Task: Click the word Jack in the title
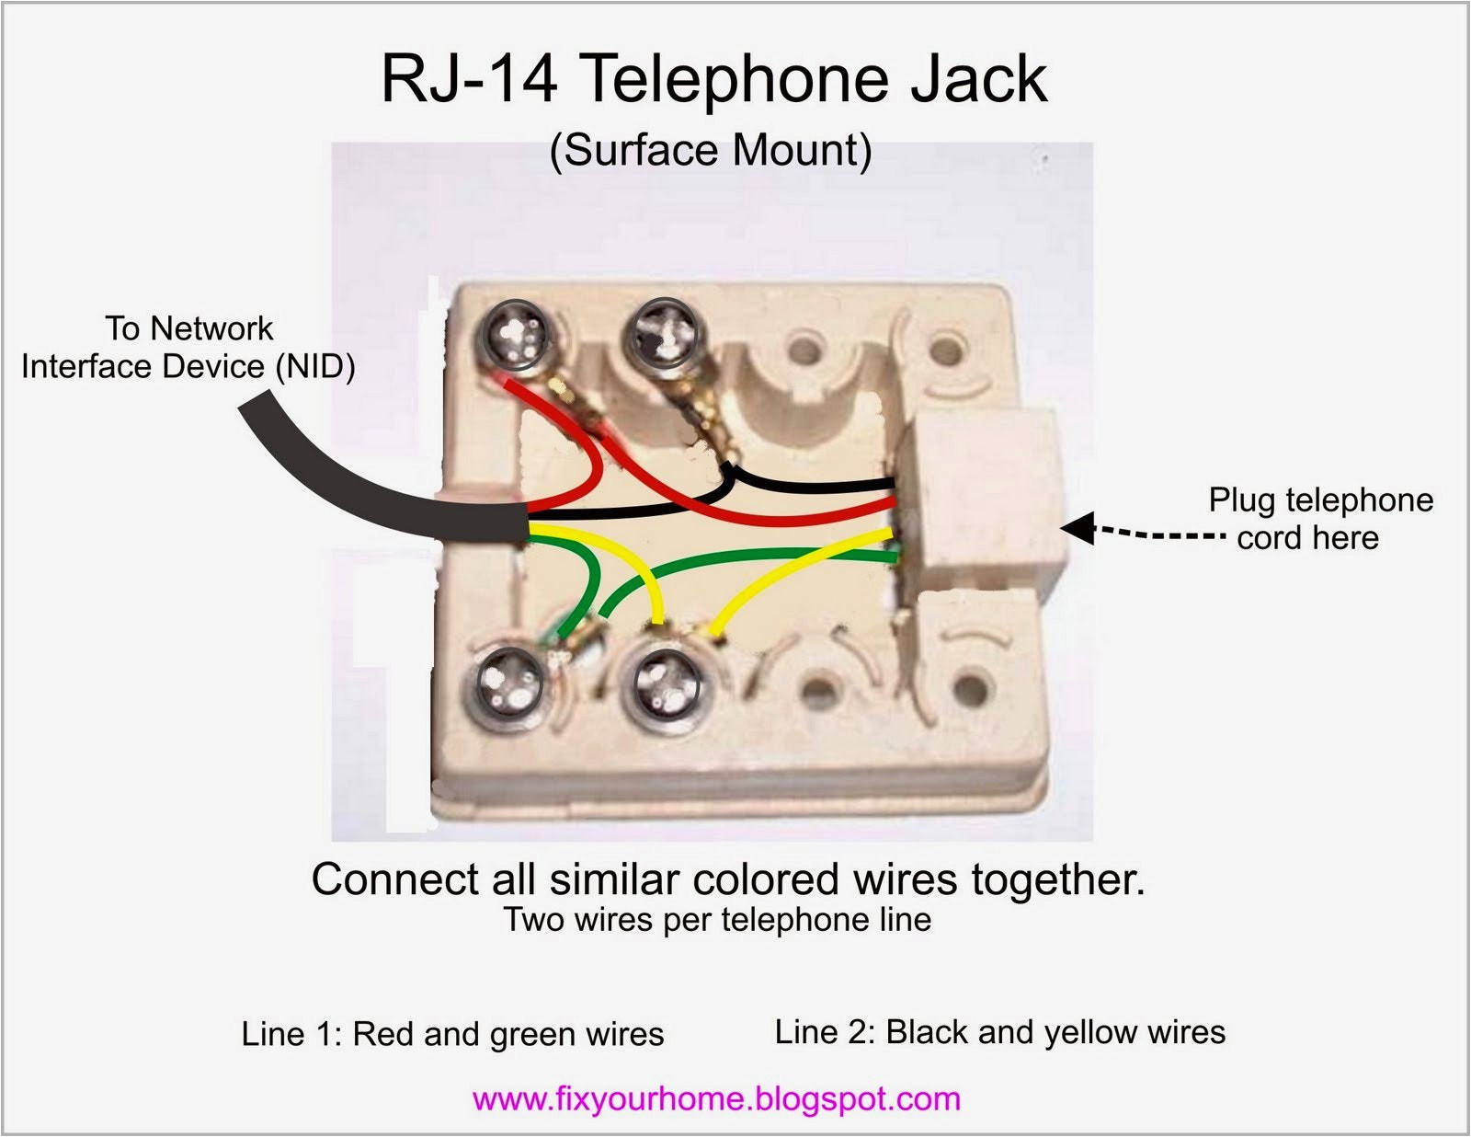[x=978, y=79]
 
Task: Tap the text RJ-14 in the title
[x=469, y=79]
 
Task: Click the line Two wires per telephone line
[x=717, y=920]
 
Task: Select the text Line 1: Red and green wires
[x=452, y=1034]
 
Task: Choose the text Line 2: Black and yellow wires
[x=999, y=1032]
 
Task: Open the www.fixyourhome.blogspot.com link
[x=716, y=1099]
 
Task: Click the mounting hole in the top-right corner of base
[x=948, y=350]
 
